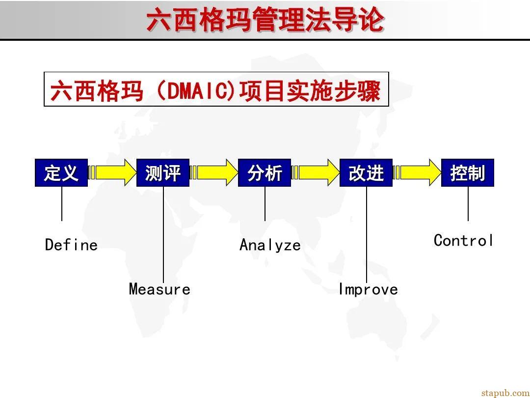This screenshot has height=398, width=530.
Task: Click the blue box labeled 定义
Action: coord(61,173)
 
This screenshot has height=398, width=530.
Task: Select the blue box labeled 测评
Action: coord(163,173)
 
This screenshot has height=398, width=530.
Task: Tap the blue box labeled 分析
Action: coord(265,173)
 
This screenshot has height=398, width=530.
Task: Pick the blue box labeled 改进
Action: coord(366,173)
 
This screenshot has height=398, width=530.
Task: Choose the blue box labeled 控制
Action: coord(468,173)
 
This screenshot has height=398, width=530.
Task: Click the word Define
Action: coord(71,245)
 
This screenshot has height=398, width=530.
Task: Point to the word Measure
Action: coord(159,289)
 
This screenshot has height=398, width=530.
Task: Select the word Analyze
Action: coord(270,245)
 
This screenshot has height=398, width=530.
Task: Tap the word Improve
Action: coord(368,289)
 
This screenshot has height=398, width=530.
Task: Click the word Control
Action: coord(464,240)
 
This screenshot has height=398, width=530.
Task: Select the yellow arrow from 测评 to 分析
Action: coord(215,172)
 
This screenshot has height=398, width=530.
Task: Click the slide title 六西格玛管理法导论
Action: coord(265,21)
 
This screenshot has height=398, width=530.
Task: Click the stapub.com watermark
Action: coord(505,392)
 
